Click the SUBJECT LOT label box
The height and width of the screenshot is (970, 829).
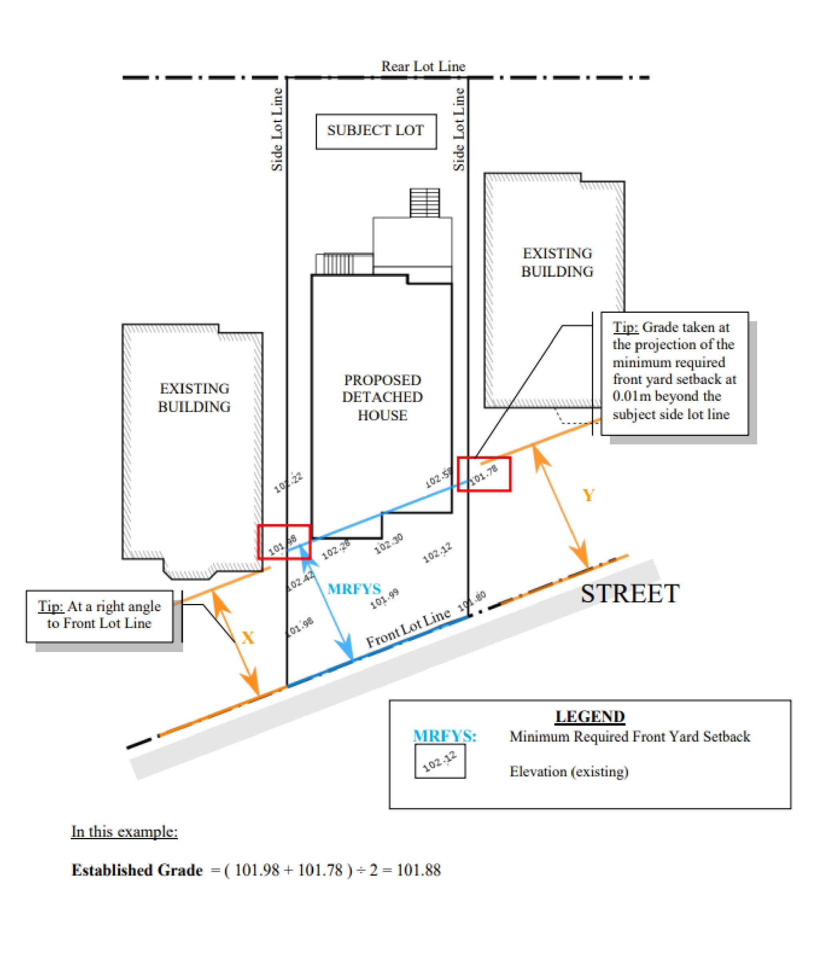(x=376, y=132)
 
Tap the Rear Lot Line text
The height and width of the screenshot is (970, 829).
(x=423, y=66)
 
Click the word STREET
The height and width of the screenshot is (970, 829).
(x=630, y=594)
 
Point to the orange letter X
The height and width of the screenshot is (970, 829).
(x=247, y=637)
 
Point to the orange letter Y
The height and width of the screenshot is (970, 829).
(x=588, y=495)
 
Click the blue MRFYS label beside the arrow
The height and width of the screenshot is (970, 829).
(x=354, y=588)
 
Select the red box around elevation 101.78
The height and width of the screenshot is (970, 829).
(x=484, y=474)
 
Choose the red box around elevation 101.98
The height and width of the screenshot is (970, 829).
(x=284, y=542)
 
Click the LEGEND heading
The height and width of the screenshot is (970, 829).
(x=590, y=717)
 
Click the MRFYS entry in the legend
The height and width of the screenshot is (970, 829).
(x=444, y=736)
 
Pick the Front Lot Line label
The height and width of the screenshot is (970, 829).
(x=408, y=627)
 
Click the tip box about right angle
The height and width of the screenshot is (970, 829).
(x=100, y=616)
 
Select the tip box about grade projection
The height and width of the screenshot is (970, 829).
(x=674, y=373)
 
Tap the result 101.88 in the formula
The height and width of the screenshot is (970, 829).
(x=418, y=870)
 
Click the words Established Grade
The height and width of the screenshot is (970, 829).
(x=137, y=870)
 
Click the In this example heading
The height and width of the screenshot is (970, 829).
(x=124, y=832)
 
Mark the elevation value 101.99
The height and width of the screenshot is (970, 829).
(x=385, y=598)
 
